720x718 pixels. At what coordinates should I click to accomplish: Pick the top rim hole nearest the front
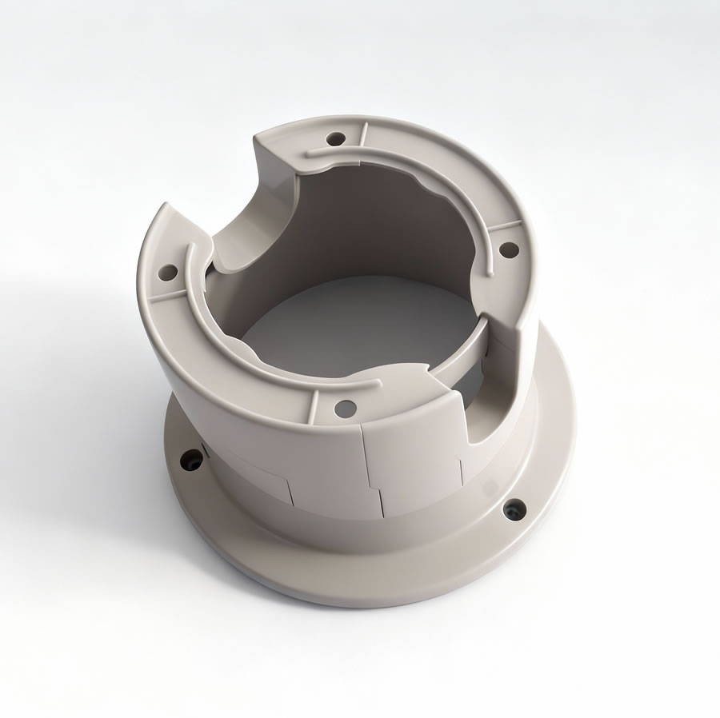(x=346, y=408)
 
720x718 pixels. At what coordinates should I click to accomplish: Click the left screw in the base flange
(x=192, y=461)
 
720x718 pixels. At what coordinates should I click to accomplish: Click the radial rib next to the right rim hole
(x=502, y=226)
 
